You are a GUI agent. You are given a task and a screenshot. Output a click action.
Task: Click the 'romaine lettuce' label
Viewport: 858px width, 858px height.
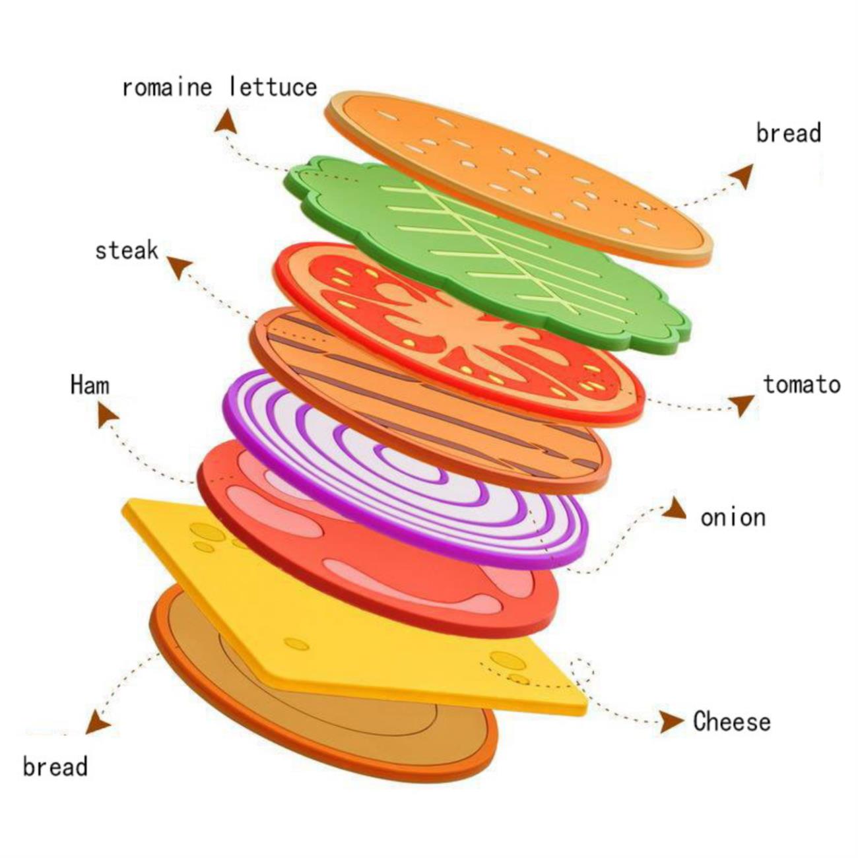click(220, 87)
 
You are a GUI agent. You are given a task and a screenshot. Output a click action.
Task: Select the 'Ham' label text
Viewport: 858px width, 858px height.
click(90, 384)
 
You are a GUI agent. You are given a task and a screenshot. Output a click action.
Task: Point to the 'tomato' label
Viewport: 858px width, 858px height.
click(802, 384)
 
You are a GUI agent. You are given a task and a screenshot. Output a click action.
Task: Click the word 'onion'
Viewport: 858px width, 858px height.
click(733, 517)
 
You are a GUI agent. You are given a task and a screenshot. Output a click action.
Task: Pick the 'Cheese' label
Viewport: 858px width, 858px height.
click(731, 721)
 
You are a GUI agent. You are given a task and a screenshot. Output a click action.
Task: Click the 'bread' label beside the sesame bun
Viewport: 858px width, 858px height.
click(788, 133)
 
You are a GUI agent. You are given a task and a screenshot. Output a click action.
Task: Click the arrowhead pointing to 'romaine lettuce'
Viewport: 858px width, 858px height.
click(226, 121)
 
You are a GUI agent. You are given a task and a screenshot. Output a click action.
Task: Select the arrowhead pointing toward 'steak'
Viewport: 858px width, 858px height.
click(180, 267)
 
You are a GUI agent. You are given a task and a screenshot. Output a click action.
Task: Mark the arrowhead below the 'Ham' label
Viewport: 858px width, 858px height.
click(107, 414)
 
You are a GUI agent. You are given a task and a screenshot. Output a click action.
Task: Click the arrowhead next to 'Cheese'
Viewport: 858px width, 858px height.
click(671, 722)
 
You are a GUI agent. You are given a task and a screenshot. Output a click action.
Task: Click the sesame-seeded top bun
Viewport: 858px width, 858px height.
click(518, 178)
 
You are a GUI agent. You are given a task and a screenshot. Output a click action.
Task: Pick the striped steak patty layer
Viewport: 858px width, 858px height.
click(430, 401)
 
